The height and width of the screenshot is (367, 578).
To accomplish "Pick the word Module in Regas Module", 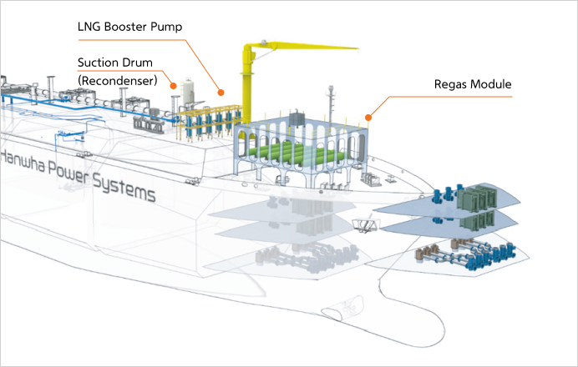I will pyautogui.click(x=493, y=84).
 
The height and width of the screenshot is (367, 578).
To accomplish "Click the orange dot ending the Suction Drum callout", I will pyautogui.click(x=171, y=84).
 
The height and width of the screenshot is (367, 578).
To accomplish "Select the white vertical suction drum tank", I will pyautogui.click(x=189, y=90).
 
